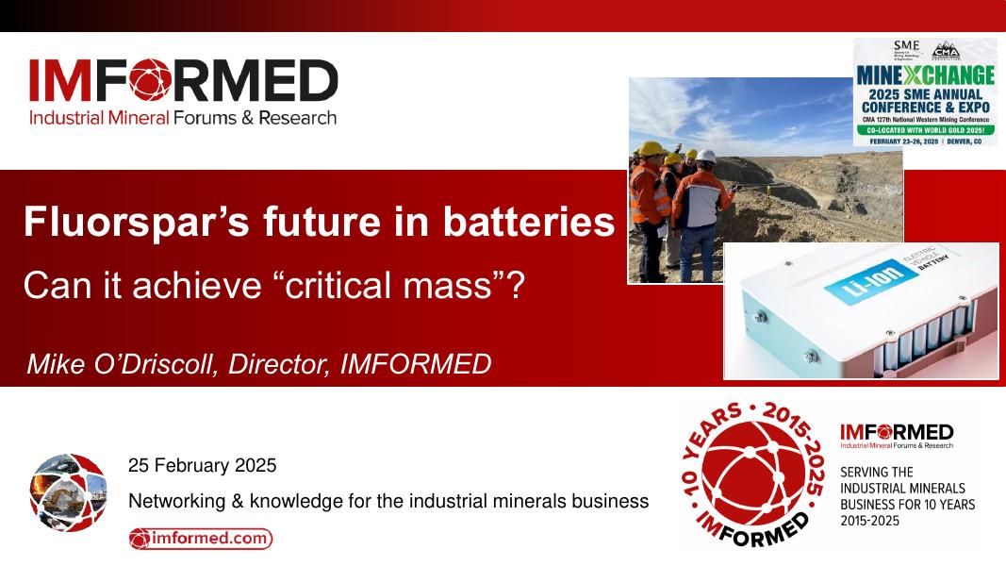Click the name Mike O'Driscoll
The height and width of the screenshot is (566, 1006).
(x=123, y=363)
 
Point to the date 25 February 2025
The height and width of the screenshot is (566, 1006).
(x=202, y=465)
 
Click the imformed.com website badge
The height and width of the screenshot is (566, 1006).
(x=201, y=539)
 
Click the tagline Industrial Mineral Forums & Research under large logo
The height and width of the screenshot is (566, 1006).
(x=182, y=119)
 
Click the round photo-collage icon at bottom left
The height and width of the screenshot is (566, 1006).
(x=68, y=491)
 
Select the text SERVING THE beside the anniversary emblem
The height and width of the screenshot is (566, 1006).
(x=876, y=472)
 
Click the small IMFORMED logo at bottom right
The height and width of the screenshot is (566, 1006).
(x=896, y=433)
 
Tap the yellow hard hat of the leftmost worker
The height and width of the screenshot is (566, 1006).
(x=649, y=149)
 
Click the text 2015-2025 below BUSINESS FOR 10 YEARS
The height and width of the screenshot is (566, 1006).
(x=870, y=520)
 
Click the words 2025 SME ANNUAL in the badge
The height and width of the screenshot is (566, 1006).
(x=925, y=94)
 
